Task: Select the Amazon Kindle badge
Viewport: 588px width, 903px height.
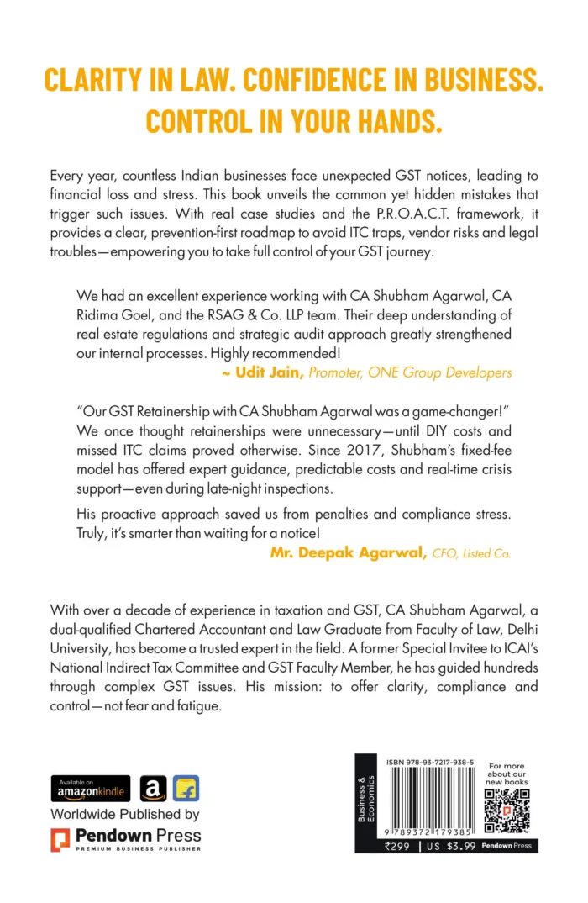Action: [x=91, y=788]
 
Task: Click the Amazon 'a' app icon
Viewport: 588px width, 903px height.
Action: [x=153, y=789]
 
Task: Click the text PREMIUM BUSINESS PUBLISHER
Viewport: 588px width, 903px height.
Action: [x=138, y=849]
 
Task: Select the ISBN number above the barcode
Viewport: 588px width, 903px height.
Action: [x=430, y=762]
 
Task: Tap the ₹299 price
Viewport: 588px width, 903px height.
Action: [x=399, y=845]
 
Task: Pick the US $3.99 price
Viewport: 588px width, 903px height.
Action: [x=450, y=845]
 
